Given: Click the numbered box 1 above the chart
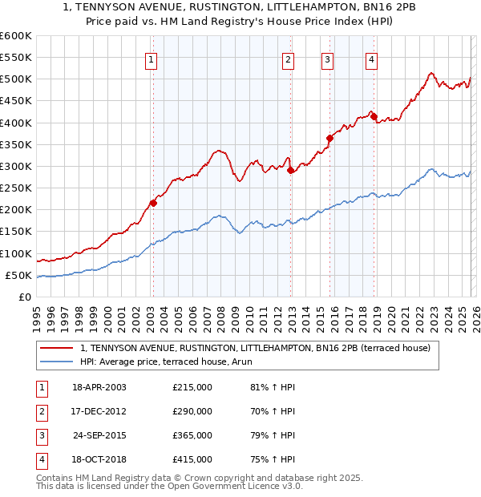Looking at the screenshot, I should (x=152, y=59).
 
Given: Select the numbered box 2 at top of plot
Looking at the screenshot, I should (x=288, y=59).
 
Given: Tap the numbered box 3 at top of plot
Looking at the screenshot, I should (x=328, y=59).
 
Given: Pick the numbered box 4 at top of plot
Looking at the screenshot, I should (x=372, y=59).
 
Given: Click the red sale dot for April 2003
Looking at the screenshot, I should (x=153, y=203).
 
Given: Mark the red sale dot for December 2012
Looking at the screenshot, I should (x=290, y=170).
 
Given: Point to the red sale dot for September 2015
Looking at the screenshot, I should (x=329, y=138).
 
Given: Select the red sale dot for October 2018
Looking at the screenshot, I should (x=374, y=116).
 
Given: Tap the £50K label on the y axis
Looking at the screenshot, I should (x=18, y=276).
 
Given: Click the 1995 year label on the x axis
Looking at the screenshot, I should (x=37, y=317).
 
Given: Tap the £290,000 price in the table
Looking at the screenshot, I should (x=192, y=411).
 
